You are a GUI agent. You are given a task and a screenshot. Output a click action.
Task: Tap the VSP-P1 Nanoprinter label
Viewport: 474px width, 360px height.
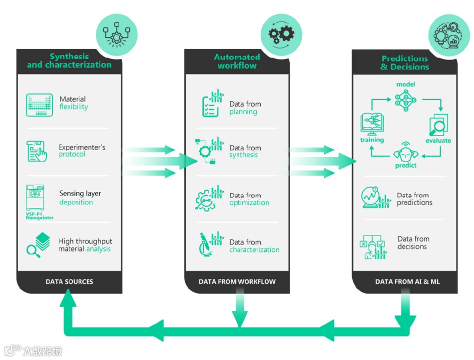(39, 215)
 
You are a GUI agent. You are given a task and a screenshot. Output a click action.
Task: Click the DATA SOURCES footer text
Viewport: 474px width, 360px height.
(69, 281)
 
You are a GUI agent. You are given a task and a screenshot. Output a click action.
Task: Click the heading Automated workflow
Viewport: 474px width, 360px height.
(237, 61)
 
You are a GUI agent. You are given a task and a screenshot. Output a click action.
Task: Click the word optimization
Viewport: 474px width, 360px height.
(249, 202)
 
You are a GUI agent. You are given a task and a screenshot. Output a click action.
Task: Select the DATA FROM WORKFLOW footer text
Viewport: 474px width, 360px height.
(237, 281)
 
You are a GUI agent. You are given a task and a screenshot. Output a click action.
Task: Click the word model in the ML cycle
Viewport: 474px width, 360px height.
(406, 84)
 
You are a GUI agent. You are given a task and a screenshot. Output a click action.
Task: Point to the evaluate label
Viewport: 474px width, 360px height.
(438, 140)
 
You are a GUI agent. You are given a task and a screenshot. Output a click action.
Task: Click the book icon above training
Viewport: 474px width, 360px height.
(372, 124)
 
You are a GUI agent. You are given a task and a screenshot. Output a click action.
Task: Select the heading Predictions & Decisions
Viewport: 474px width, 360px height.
(405, 62)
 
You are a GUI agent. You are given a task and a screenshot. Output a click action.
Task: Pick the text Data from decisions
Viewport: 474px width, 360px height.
(413, 242)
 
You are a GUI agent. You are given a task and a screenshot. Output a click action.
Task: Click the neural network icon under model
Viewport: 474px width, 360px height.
(406, 100)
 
